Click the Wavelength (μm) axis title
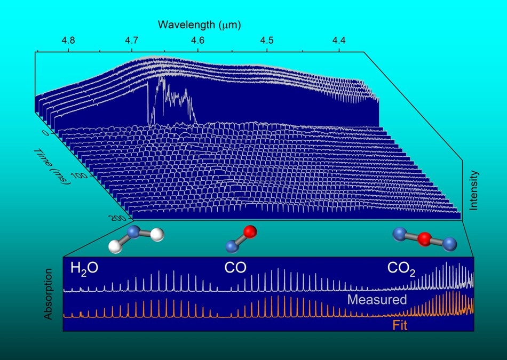click(x=199, y=25)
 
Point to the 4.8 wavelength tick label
click(x=68, y=41)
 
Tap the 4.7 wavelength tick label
click(x=131, y=41)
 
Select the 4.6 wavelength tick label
click(x=197, y=41)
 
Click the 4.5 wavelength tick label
click(x=267, y=41)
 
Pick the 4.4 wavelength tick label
click(x=339, y=41)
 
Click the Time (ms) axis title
click(x=52, y=166)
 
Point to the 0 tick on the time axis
click(x=45, y=133)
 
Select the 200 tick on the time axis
click(x=118, y=218)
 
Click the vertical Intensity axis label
click(x=474, y=190)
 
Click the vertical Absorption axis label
click(x=48, y=294)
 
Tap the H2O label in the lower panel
click(x=84, y=269)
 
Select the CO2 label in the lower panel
click(x=401, y=269)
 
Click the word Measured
click(x=377, y=300)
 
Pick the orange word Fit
click(x=400, y=325)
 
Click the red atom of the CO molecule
click(x=249, y=232)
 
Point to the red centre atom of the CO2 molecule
click(x=424, y=240)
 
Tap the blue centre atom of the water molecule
click(x=134, y=231)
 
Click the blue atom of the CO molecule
click(x=232, y=246)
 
